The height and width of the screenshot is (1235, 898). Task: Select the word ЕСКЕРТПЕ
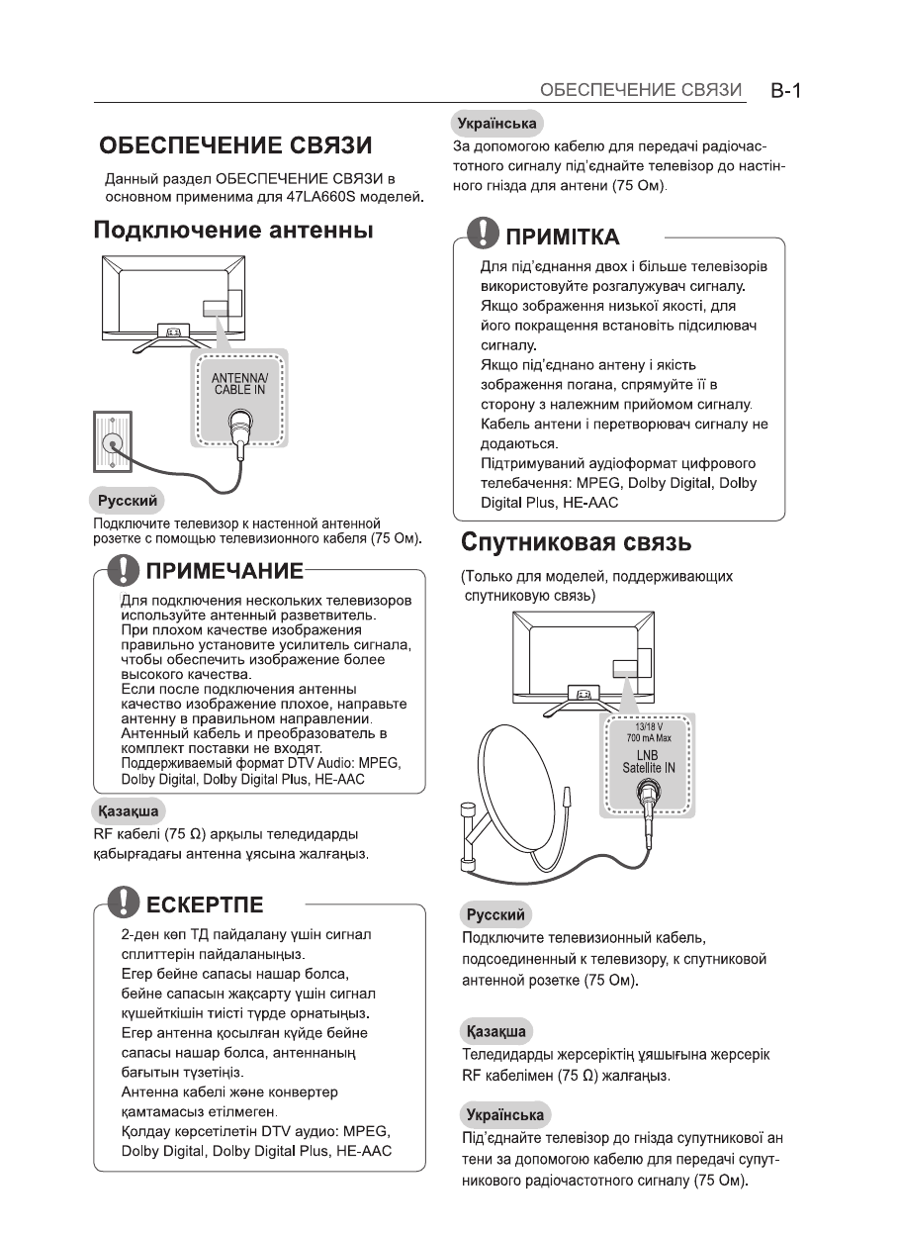pyautogui.click(x=204, y=903)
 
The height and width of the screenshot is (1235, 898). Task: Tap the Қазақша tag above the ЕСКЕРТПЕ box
pyautogui.click(x=125, y=811)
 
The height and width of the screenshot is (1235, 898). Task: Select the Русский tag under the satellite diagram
pyautogui.click(x=495, y=913)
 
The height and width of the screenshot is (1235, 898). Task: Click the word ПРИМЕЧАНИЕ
pyautogui.click(x=224, y=572)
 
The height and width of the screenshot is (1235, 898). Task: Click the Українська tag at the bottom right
pyautogui.click(x=506, y=1113)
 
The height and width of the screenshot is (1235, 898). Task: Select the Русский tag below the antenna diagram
pyautogui.click(x=127, y=500)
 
